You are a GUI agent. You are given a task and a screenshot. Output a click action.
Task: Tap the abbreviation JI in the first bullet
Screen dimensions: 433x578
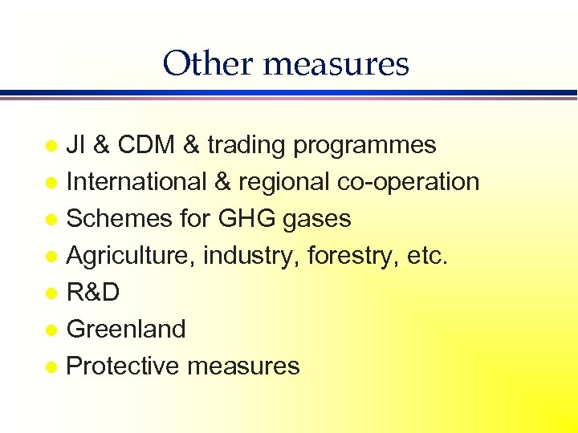pos(76,145)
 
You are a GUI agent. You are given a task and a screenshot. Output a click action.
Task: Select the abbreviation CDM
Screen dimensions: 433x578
pos(146,145)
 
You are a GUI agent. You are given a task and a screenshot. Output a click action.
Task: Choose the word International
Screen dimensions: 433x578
pos(136,182)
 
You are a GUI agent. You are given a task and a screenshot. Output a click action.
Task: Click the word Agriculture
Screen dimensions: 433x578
pos(131,257)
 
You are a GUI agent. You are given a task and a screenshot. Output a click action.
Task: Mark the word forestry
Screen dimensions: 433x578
pos(353,257)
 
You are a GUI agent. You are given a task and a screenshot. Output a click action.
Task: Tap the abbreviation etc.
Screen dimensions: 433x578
pos(428,256)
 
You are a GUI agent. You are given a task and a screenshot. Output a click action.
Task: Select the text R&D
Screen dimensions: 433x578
pos(93,293)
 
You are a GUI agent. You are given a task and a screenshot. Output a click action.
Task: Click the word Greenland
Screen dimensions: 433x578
pos(126,329)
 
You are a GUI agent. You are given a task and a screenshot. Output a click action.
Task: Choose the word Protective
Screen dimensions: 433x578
pos(122,366)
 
